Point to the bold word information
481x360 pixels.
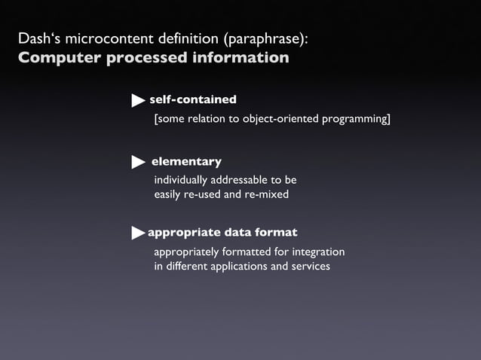click(241, 59)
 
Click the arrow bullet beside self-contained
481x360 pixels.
click(138, 100)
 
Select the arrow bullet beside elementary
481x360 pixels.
click(138, 163)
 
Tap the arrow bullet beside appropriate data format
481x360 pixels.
click(138, 233)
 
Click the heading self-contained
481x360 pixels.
click(193, 99)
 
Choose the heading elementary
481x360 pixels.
click(186, 162)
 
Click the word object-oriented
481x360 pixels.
click(283, 119)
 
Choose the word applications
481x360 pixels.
click(225, 267)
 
